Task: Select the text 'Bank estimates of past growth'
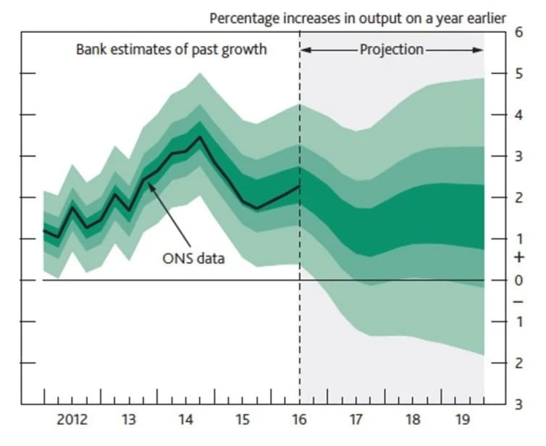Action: click(172, 50)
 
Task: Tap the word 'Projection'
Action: click(391, 50)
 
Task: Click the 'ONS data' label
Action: click(193, 258)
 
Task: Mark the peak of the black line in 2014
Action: click(200, 137)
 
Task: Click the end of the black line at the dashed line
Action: click(299, 186)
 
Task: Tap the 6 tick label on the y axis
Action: click(518, 32)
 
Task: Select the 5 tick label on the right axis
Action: click(518, 74)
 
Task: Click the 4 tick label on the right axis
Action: click(518, 115)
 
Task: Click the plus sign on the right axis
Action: click(518, 257)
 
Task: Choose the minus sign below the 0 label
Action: click(518, 301)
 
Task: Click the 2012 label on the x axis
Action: click(73, 419)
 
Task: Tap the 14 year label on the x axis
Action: click(185, 419)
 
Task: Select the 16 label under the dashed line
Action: click(299, 419)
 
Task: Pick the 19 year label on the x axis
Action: click(469, 419)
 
